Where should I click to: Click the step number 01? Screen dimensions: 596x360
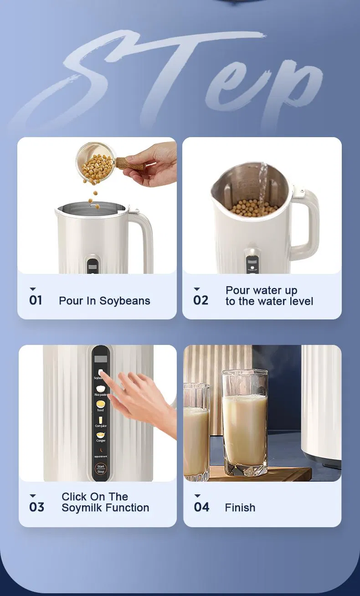(36, 300)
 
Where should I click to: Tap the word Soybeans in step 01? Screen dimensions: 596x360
(125, 301)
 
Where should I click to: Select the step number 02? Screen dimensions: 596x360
(201, 300)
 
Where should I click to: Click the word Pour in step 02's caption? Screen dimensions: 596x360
(237, 291)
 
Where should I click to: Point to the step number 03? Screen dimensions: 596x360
(36, 507)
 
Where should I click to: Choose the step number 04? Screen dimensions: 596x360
(201, 507)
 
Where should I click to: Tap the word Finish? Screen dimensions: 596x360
(240, 508)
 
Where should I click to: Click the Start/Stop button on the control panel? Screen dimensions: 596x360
(101, 469)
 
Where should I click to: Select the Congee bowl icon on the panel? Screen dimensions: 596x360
(101, 436)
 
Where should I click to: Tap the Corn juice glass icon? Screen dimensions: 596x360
(101, 419)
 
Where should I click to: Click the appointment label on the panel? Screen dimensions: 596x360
(101, 456)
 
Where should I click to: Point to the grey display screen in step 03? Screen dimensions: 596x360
(100, 359)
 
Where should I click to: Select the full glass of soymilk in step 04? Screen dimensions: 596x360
(244, 424)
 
